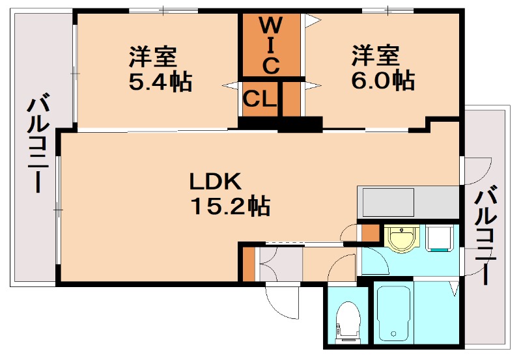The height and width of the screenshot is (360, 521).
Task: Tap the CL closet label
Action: tap(260, 99)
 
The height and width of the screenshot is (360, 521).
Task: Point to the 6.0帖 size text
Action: tap(384, 81)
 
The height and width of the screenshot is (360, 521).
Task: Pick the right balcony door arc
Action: tap(479, 171)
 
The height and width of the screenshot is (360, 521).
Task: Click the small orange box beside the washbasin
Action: tap(370, 232)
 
